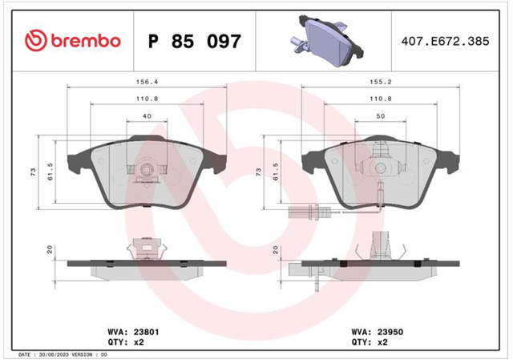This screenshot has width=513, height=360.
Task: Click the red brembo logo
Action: click(73, 41)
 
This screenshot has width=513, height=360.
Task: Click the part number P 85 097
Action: click(195, 41)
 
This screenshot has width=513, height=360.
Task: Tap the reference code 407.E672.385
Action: click(445, 41)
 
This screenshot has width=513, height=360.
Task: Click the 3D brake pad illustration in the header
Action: click(327, 40)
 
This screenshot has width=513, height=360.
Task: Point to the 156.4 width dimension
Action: click(147, 82)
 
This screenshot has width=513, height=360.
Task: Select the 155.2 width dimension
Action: click(381, 82)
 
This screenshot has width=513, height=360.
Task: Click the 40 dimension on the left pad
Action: click(147, 116)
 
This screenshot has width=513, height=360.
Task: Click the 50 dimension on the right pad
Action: click(381, 116)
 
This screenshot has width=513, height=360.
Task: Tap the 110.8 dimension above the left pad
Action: click(147, 99)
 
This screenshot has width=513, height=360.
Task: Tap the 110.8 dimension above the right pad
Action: click(381, 99)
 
